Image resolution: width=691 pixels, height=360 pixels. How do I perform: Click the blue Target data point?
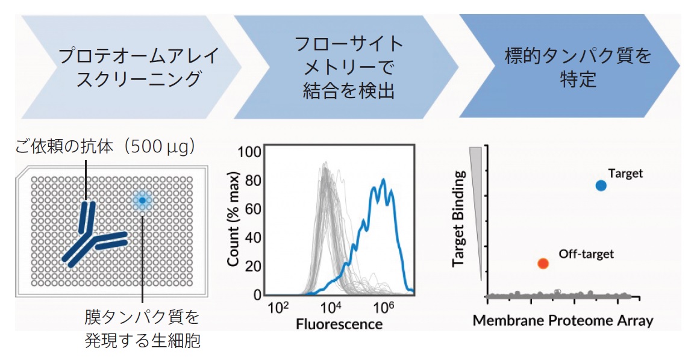601,185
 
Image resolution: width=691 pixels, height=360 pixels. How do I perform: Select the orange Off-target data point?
543,263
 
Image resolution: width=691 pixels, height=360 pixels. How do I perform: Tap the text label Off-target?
586,254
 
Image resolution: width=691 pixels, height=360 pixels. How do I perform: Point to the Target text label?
625,173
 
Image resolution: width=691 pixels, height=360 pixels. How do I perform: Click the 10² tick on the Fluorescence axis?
278,308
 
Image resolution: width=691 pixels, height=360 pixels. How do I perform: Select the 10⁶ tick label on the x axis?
384,308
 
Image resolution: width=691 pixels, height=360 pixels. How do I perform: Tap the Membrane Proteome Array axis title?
563,320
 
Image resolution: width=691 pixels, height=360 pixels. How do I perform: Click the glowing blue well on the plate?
142,200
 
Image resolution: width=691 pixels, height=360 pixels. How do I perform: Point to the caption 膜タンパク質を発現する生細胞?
142,329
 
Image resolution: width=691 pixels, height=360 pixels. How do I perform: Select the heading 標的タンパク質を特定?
570,67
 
